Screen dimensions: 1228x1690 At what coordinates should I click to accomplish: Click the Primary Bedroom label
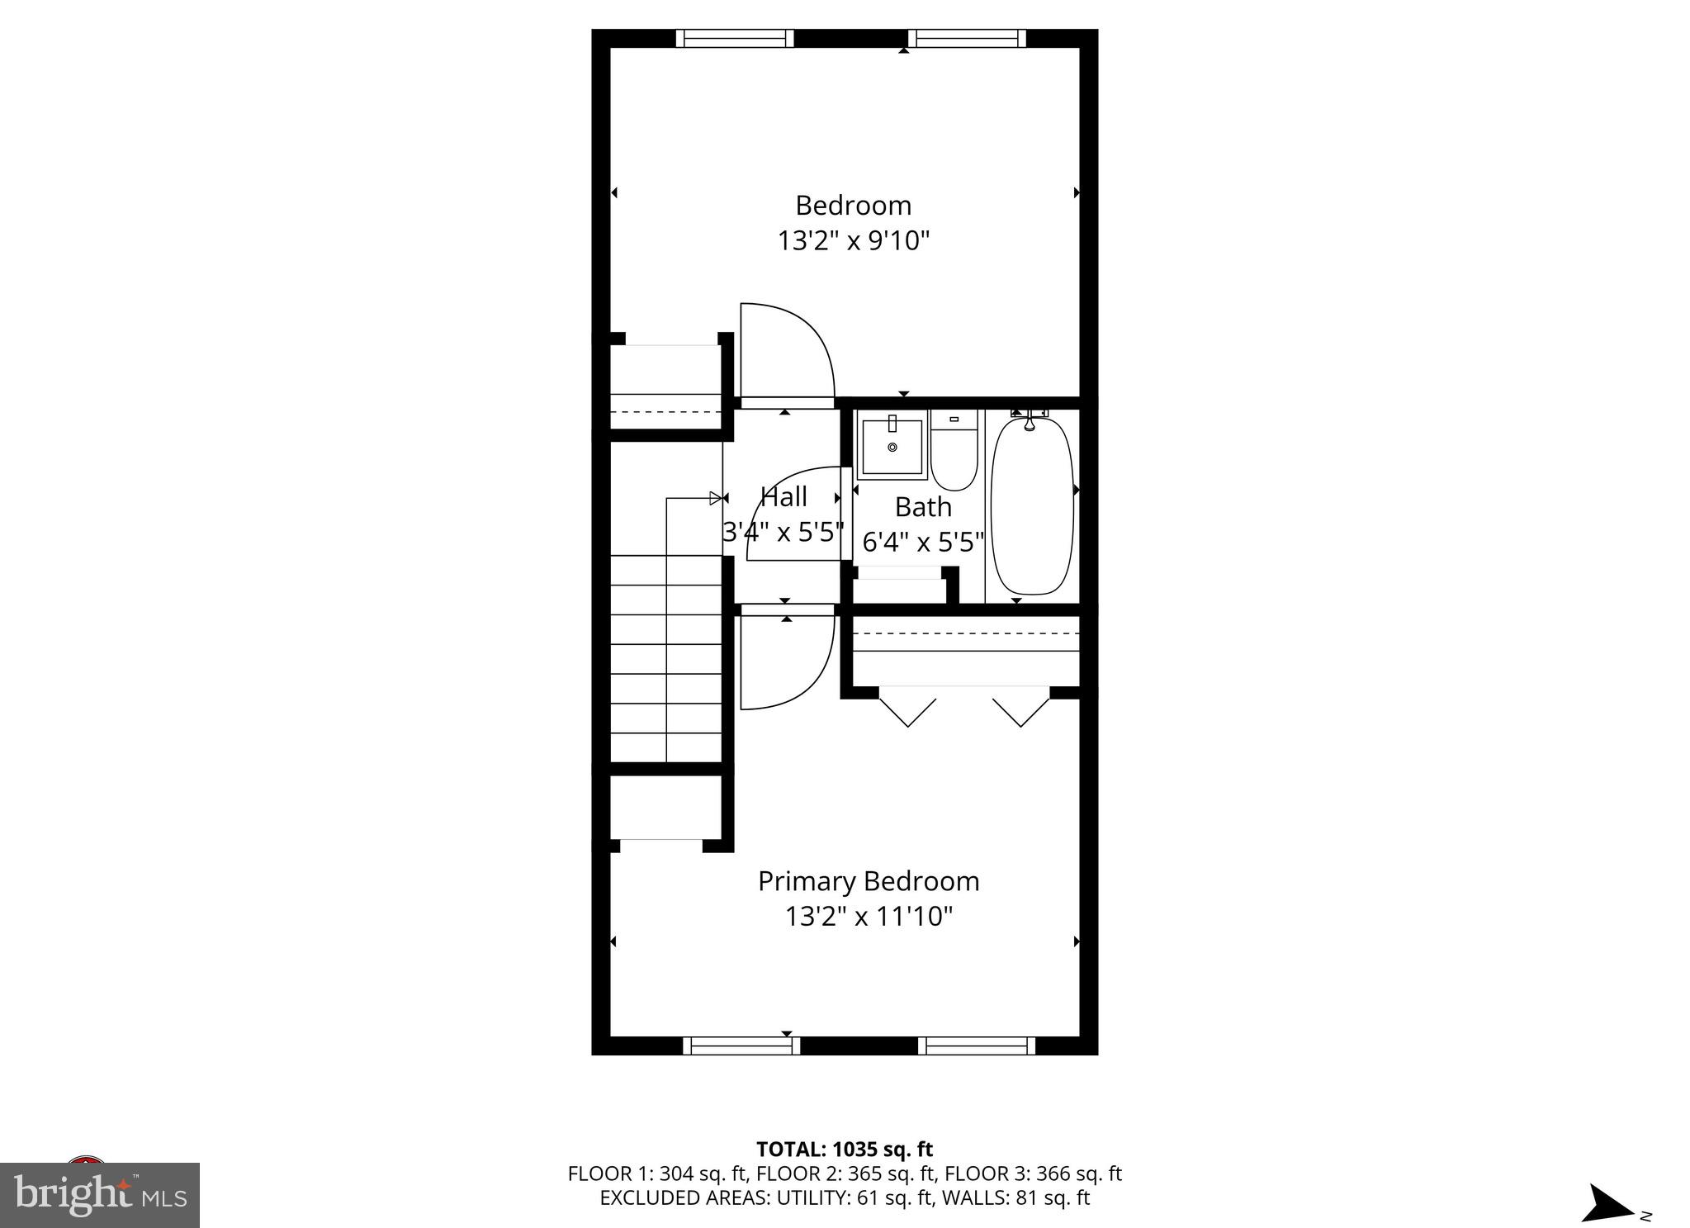coord(869,881)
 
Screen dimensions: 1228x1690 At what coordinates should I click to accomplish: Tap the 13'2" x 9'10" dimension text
coord(854,241)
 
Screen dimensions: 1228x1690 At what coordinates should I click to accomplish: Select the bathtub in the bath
coord(1032,505)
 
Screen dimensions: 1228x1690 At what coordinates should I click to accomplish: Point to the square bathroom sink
coord(892,447)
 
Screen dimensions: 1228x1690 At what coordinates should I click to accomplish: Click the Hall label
coord(783,497)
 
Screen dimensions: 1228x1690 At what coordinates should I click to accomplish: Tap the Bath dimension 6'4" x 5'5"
coord(923,543)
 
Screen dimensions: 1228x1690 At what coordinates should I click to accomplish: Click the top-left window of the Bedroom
coord(734,38)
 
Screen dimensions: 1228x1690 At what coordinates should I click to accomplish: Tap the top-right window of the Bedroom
coord(967,38)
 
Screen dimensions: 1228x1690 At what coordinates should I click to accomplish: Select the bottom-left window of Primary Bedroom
coord(741,1045)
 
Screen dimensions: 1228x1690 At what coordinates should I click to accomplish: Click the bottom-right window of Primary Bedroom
coord(977,1045)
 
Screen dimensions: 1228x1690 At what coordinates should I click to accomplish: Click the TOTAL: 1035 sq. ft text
coord(845,1150)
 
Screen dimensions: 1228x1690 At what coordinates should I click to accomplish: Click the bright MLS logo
coord(100,1195)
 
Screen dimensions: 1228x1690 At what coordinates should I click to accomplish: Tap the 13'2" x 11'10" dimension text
coord(869,917)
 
